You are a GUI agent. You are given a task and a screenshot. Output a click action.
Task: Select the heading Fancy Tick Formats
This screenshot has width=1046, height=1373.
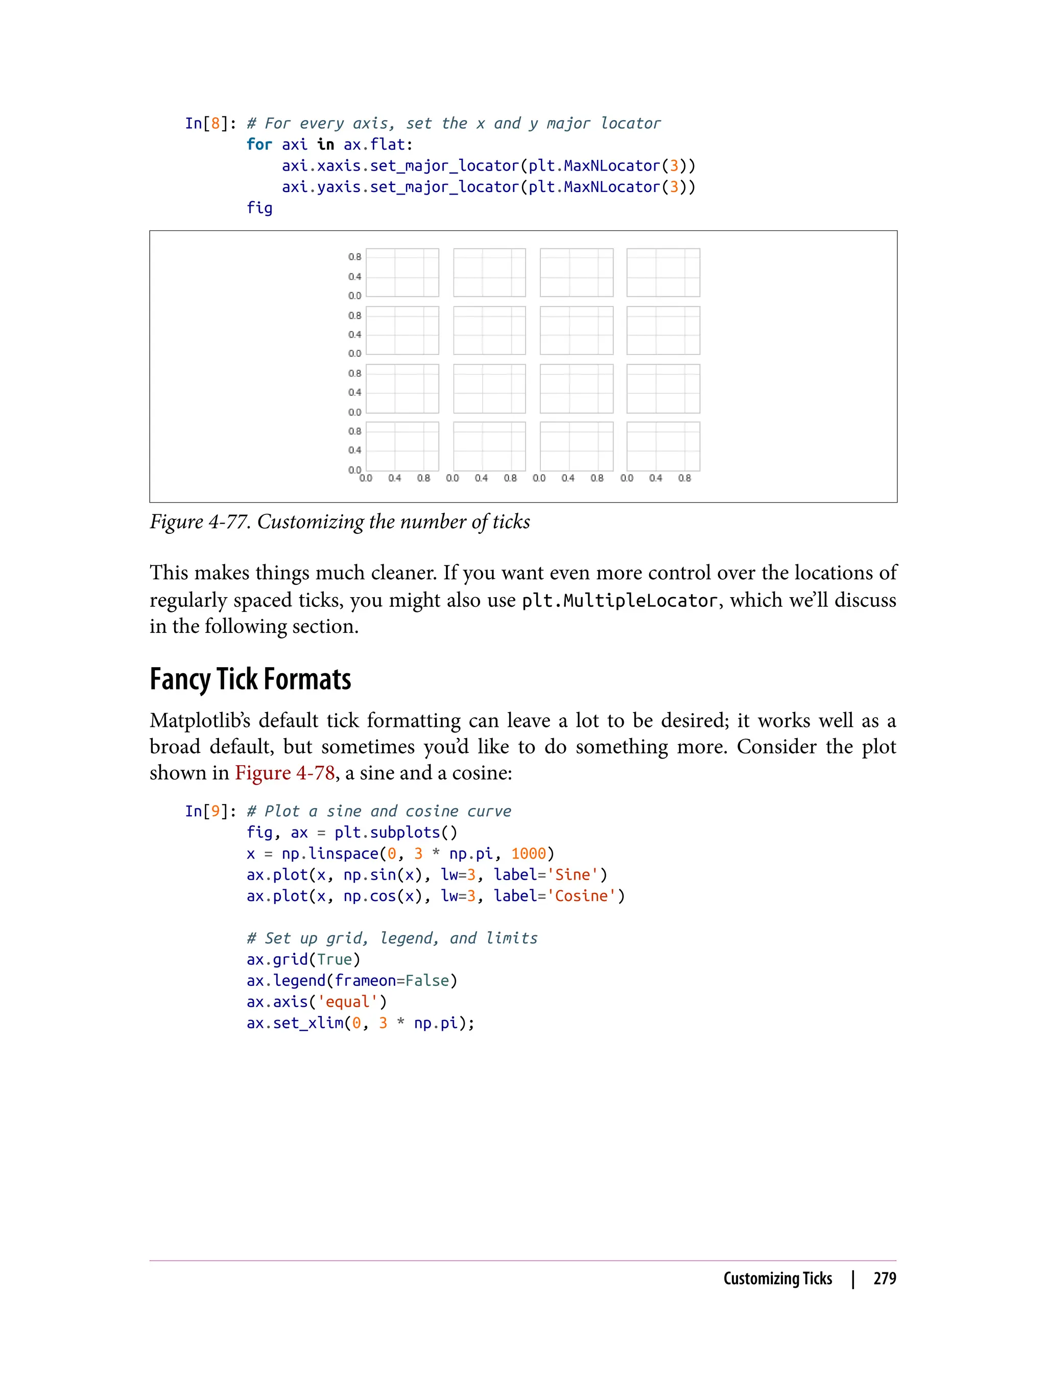coord(250,679)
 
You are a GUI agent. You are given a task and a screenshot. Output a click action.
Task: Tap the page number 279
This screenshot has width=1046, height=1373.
coord(884,1279)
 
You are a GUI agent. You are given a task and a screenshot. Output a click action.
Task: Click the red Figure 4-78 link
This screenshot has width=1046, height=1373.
coord(284,773)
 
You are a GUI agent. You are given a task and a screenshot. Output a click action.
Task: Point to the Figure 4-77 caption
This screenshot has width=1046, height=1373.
coord(339,522)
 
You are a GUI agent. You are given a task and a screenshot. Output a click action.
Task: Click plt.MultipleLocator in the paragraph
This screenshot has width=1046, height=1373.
coord(620,600)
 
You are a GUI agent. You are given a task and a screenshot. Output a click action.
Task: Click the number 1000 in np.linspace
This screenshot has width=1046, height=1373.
coord(528,854)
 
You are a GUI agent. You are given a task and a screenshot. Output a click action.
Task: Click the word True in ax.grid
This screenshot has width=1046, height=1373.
coord(335,960)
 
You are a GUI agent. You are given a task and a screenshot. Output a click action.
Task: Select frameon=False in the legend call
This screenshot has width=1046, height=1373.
coord(392,981)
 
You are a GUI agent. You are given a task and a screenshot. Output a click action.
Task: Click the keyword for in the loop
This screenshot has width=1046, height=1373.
coord(259,145)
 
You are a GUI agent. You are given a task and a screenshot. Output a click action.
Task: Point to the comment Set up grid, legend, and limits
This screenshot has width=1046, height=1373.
coord(392,938)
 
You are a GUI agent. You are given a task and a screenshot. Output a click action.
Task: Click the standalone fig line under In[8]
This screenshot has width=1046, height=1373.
coord(259,208)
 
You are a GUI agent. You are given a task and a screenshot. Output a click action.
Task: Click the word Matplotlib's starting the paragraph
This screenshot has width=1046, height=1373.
coord(199,720)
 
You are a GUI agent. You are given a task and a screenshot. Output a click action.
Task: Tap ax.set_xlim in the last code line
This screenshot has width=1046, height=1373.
coord(295,1023)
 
